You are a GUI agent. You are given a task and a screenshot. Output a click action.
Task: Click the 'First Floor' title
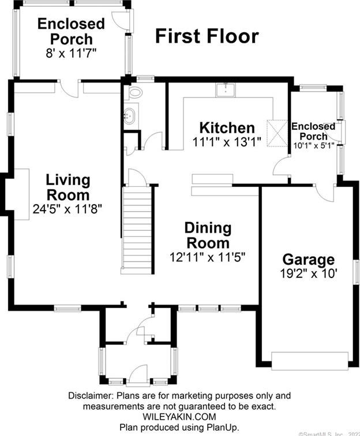[x=207, y=36]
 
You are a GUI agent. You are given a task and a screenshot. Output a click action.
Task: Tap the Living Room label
[x=68, y=187]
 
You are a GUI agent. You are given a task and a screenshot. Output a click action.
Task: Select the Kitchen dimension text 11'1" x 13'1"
[x=227, y=141]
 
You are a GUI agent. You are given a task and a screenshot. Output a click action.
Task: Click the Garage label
[x=308, y=260]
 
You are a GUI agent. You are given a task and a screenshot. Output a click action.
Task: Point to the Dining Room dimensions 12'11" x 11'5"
[x=208, y=257]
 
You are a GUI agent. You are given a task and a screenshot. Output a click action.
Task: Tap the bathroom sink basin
[x=130, y=115]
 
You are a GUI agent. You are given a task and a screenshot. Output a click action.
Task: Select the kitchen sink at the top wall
[x=224, y=89]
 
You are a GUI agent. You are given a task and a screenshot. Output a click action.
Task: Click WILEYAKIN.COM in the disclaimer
[x=179, y=416]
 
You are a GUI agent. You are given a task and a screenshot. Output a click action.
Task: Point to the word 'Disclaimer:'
[x=91, y=396]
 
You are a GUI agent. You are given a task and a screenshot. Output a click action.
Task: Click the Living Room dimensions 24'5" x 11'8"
[x=68, y=209]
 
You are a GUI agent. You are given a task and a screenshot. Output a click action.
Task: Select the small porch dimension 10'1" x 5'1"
[x=313, y=146]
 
